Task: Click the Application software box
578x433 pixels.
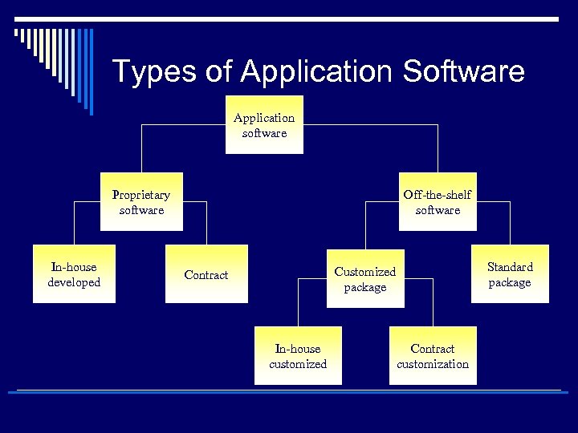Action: [x=264, y=125]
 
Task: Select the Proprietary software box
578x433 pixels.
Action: [x=141, y=202]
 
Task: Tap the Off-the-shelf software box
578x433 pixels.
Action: [x=438, y=202]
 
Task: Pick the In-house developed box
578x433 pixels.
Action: [x=74, y=274]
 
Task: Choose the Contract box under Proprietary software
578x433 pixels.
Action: [x=206, y=275]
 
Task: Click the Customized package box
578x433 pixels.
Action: [x=365, y=279]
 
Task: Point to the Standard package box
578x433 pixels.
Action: [x=510, y=274]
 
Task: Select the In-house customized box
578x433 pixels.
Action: [x=298, y=356]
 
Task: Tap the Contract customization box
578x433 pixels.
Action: [x=433, y=356]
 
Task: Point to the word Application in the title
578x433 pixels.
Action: [x=318, y=71]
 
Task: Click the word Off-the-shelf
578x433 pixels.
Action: [x=438, y=195]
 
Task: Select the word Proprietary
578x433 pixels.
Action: [x=141, y=195]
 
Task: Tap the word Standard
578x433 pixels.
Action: [x=510, y=267]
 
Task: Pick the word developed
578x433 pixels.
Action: [x=74, y=282]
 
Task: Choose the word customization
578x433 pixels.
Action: [x=433, y=364]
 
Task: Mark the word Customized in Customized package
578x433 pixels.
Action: [x=365, y=272]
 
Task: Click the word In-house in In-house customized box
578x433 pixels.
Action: [x=298, y=349]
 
